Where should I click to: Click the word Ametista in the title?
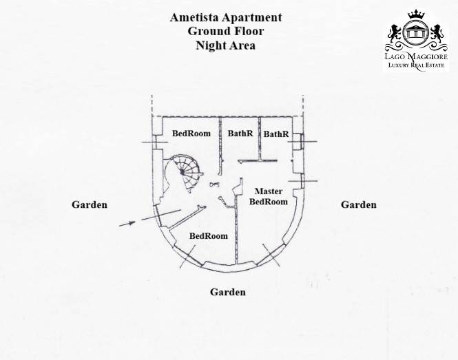(194, 17)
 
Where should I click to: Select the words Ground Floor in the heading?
(226, 31)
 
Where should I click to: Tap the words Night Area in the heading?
(226, 45)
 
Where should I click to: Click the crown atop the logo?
(416, 14)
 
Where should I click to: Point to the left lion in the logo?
(395, 34)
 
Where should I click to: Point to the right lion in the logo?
(437, 34)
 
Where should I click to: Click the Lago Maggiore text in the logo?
(416, 56)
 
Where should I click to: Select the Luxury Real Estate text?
(416, 65)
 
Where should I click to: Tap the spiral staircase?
(183, 173)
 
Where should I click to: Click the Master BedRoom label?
(268, 196)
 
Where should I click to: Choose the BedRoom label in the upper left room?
(191, 134)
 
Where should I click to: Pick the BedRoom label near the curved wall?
(209, 236)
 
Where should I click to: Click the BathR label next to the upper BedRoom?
(240, 134)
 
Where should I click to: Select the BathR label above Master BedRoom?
(276, 134)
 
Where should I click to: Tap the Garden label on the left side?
(90, 204)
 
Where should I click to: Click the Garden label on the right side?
(359, 204)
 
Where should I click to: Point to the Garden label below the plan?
(228, 292)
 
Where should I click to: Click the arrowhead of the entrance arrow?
(132, 223)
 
